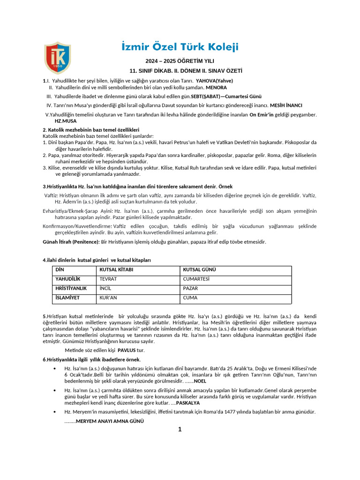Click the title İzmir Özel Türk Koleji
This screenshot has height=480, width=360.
pyautogui.click(x=180, y=47)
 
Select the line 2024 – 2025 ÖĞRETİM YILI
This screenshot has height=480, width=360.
pyautogui.click(x=180, y=61)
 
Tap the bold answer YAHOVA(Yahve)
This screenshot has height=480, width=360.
pyautogui.click(x=214, y=81)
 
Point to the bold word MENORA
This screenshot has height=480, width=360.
pyautogui.click(x=216, y=88)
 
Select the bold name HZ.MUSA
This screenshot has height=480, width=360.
pyautogui.click(x=66, y=121)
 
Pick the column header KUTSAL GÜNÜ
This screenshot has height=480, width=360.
pyautogui.click(x=199, y=270)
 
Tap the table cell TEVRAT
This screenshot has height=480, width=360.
pyautogui.click(x=108, y=279)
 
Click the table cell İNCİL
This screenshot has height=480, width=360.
pyautogui.click(x=105, y=288)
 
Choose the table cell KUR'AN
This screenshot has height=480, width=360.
pyautogui.click(x=108, y=298)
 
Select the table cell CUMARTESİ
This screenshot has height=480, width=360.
pyautogui.click(x=196, y=279)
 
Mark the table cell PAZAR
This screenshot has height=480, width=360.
pyautogui.click(x=190, y=288)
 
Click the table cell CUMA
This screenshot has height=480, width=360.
pyautogui.click(x=190, y=298)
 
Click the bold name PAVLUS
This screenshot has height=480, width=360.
pyautogui.click(x=126, y=350)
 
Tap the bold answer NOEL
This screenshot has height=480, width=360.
pyautogui.click(x=200, y=382)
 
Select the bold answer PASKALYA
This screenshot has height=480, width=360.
pyautogui.click(x=188, y=403)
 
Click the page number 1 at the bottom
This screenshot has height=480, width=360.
pyautogui.click(x=180, y=429)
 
